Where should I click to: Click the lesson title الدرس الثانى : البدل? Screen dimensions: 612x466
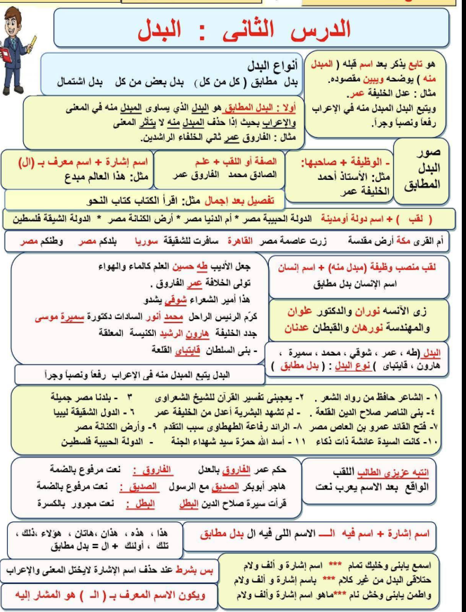tap(253, 30)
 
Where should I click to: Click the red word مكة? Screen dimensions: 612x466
tap(422, 242)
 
